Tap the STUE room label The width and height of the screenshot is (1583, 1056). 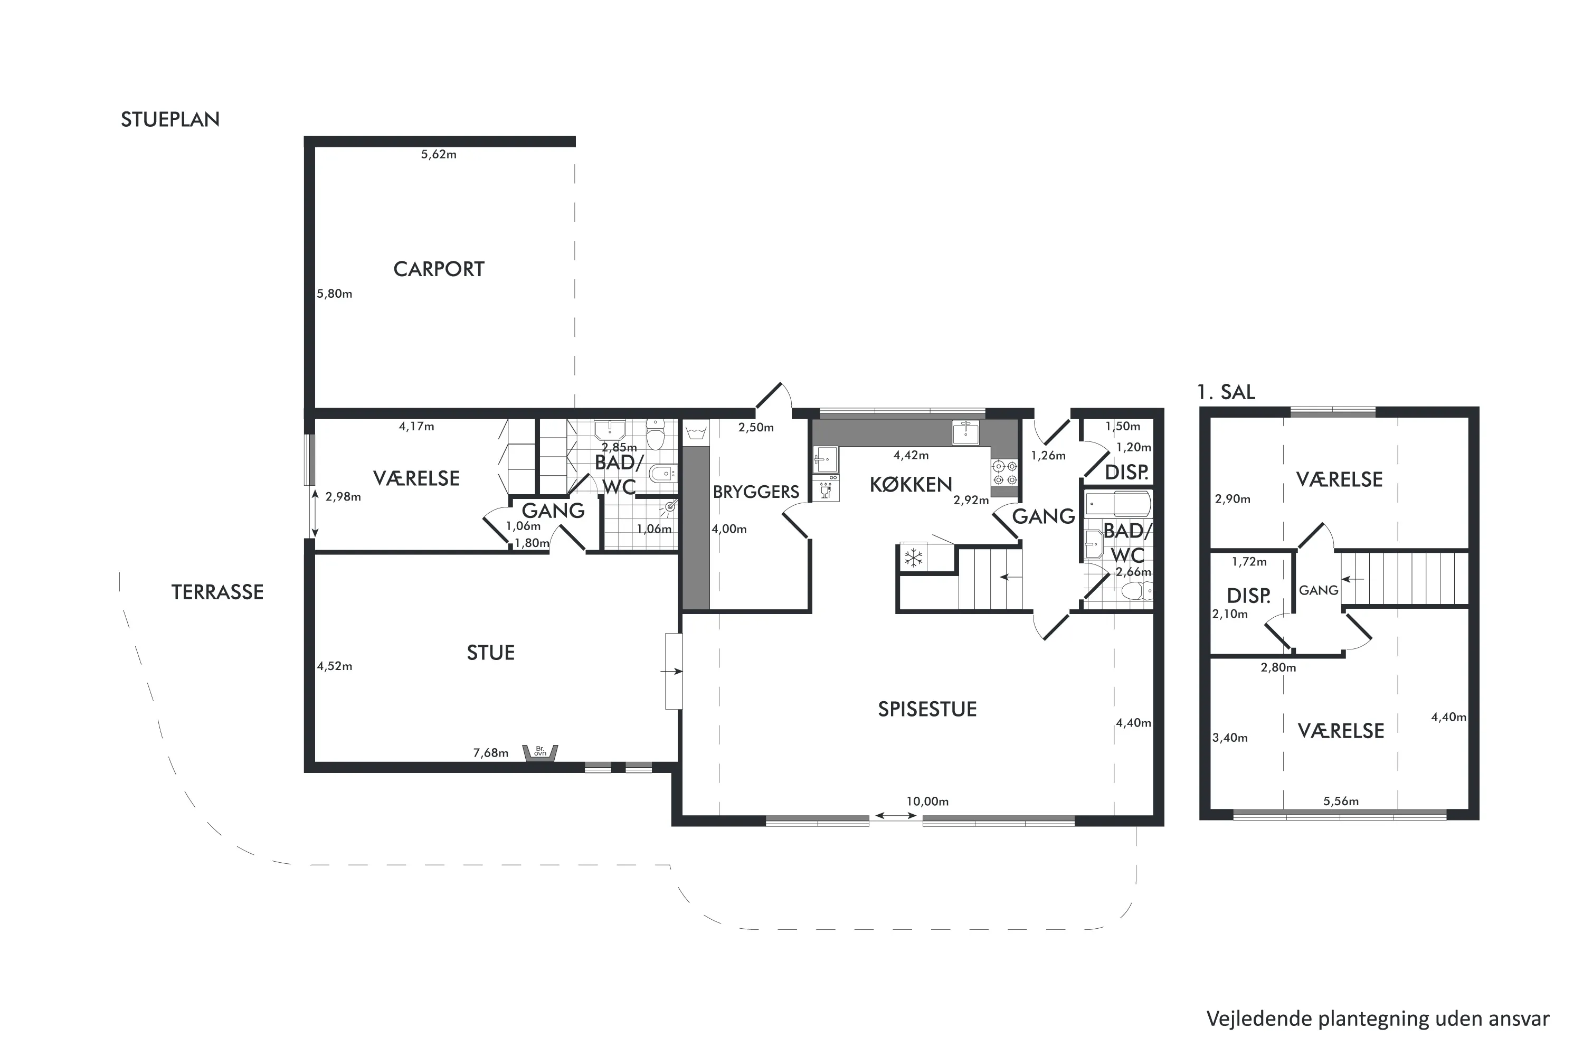tap(490, 653)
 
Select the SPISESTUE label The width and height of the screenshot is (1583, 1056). tap(927, 709)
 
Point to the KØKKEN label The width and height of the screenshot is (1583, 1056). tap(911, 484)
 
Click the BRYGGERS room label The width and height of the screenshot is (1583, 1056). tap(756, 492)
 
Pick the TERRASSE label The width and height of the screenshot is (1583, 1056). tap(217, 592)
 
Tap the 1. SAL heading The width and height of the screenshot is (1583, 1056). tap(1226, 392)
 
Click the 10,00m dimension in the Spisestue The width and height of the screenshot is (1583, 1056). tap(927, 802)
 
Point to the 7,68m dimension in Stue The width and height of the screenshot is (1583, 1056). tap(490, 753)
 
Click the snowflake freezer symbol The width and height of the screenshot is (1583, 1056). tap(913, 558)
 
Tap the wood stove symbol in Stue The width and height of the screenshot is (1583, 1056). tap(541, 752)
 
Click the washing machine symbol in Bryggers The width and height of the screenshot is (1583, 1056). tap(696, 432)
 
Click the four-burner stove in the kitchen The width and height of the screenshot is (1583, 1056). tap(1004, 472)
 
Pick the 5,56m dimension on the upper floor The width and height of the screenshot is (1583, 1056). tap(1341, 802)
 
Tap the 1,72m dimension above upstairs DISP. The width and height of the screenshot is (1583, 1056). tap(1249, 562)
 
